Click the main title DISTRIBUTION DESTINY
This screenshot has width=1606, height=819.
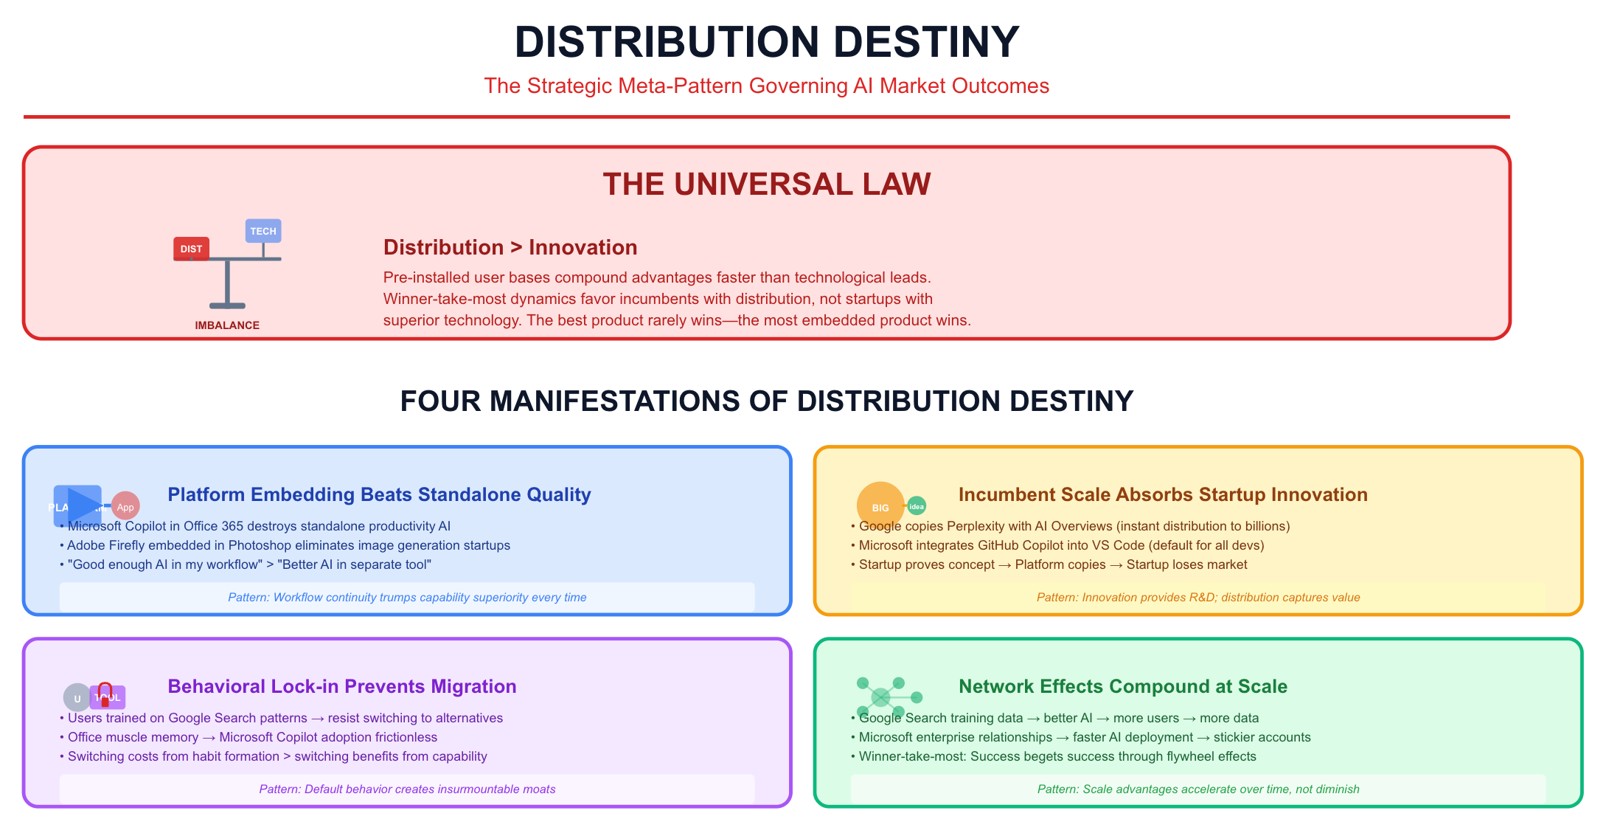pyautogui.click(x=767, y=42)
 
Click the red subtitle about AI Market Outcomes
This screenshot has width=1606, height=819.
pyautogui.click(x=766, y=86)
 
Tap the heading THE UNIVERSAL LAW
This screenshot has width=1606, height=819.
pyautogui.click(x=767, y=184)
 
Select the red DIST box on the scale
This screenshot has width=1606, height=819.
pyautogui.click(x=191, y=249)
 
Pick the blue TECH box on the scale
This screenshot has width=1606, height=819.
pyautogui.click(x=263, y=231)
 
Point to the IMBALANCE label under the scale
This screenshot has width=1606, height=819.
pyautogui.click(x=227, y=325)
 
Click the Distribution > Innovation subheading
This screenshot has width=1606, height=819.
pyautogui.click(x=510, y=247)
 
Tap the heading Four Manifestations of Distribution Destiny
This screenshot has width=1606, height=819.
pyautogui.click(x=767, y=401)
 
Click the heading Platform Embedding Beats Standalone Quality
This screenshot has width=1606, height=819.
pyautogui.click(x=379, y=494)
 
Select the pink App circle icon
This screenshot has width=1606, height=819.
pyautogui.click(x=125, y=507)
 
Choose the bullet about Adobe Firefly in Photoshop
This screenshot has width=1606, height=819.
pyautogui.click(x=288, y=545)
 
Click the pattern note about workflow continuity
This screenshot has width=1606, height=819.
pyautogui.click(x=407, y=598)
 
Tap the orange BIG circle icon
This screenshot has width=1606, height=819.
pyautogui.click(x=880, y=506)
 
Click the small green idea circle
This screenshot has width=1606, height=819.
pyautogui.click(x=917, y=506)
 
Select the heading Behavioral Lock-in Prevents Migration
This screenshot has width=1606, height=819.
pyautogui.click(x=342, y=686)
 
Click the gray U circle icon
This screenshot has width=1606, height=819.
pyautogui.click(x=77, y=698)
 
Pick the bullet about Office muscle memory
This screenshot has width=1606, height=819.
pyautogui.click(x=252, y=737)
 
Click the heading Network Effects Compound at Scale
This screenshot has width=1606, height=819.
pyautogui.click(x=1123, y=686)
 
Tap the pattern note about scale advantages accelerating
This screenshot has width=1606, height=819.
pyautogui.click(x=1198, y=789)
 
